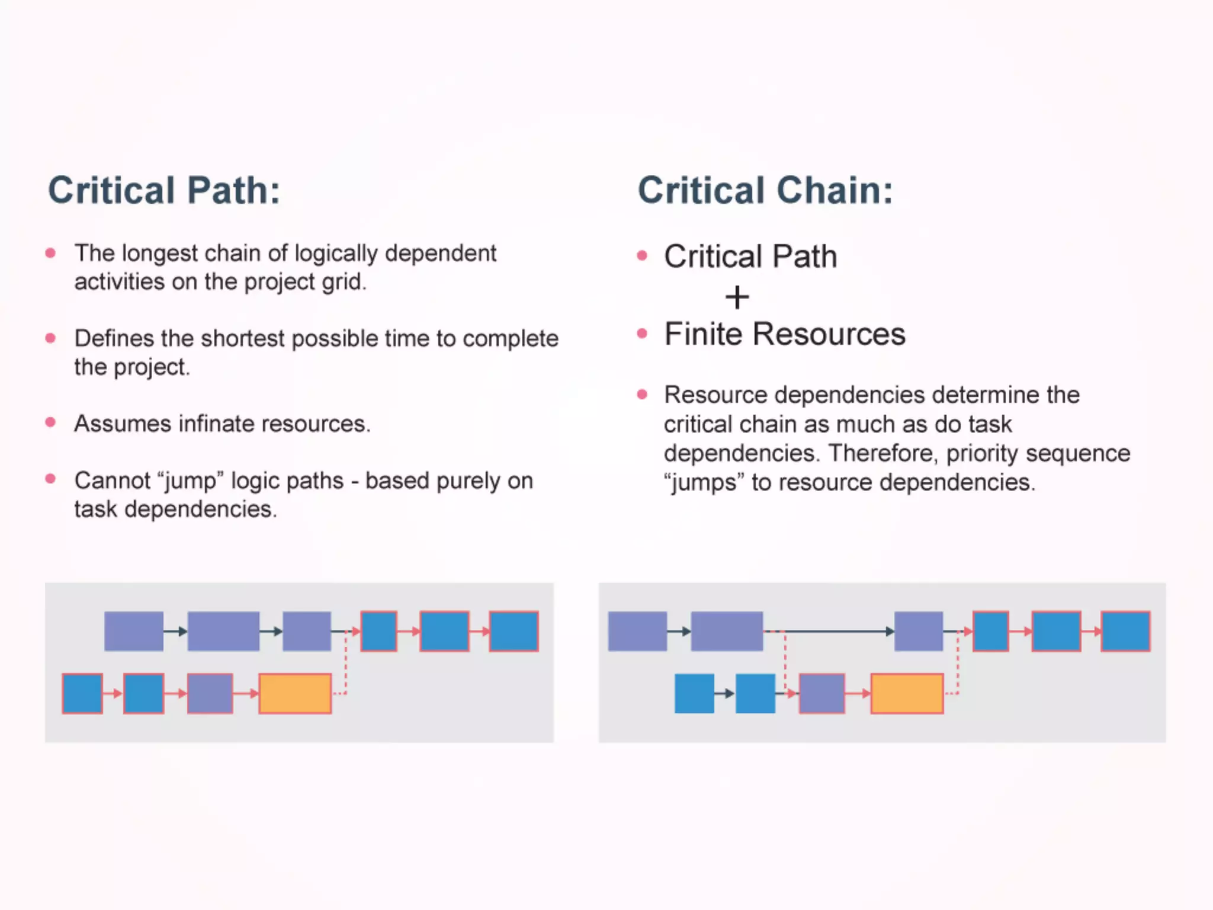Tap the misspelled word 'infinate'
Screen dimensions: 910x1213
click(x=216, y=424)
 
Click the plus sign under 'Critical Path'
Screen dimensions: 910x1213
click(x=737, y=297)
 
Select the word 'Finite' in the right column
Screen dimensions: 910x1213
click(x=703, y=334)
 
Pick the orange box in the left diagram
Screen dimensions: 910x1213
click(x=295, y=693)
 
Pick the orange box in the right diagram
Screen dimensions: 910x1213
click(x=907, y=693)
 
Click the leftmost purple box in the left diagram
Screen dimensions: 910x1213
click(x=134, y=632)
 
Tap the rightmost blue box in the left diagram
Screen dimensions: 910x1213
click(x=514, y=632)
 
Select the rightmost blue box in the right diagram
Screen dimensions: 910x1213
click(x=1125, y=632)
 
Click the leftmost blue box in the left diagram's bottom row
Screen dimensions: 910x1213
click(x=82, y=693)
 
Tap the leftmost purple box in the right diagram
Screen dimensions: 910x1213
click(x=637, y=632)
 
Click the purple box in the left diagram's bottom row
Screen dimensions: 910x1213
click(x=210, y=693)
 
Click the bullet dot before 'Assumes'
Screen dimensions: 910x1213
click(x=51, y=422)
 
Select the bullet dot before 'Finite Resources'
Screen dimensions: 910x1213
click(x=642, y=334)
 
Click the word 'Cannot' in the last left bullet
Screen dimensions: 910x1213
click(x=113, y=480)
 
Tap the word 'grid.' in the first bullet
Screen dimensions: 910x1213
click(x=344, y=282)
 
